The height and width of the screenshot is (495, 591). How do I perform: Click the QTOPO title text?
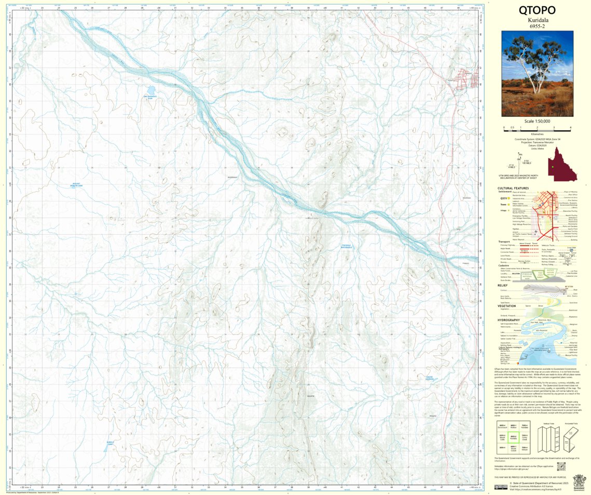pos(537,10)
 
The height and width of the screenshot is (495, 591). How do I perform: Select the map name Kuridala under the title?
pos(537,21)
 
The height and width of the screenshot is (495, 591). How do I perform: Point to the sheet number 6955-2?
pos(537,27)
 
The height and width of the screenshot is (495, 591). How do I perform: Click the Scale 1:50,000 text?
pos(537,121)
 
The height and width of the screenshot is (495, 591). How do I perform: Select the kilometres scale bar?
pos(537,128)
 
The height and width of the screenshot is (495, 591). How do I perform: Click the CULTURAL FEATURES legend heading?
pos(513,189)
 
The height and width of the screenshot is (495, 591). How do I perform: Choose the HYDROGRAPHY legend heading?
pos(509,320)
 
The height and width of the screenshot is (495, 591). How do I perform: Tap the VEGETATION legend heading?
pos(507,306)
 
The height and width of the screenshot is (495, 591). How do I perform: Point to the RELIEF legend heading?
pos(502,285)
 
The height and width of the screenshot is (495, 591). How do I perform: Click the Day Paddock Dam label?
pos(150,97)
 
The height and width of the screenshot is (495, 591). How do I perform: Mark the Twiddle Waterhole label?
pos(347,246)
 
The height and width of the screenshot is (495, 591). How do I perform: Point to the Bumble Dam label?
pos(111,443)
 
